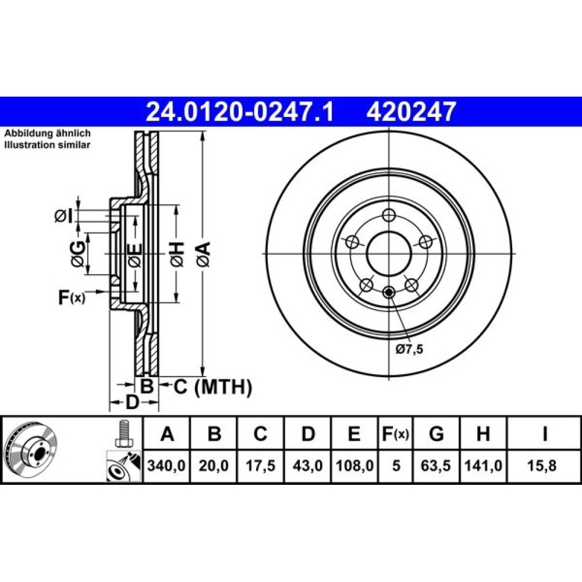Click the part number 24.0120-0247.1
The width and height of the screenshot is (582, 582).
coord(240,112)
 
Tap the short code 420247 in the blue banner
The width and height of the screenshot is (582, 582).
coord(411,112)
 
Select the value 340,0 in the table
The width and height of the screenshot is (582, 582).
coord(166,466)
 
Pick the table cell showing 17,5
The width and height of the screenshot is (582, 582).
coord(261,466)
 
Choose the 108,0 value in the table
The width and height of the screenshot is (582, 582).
coord(354,466)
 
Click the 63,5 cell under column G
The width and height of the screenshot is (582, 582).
coord(436,466)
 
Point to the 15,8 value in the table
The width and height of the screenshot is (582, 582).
coord(541,466)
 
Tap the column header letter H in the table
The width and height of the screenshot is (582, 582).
coord(483,434)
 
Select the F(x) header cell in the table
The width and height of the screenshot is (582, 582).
coord(395,434)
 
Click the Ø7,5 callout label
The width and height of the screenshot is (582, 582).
coord(409,349)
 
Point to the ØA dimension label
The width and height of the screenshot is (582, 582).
coord(203,254)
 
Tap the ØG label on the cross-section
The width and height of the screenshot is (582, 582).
coord(78,254)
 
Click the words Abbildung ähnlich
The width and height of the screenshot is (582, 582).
coord(47,133)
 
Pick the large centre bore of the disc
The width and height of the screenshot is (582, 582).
coord(389,254)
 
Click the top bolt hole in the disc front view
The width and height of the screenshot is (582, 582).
coord(389,215)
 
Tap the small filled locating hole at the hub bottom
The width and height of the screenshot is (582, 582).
coord(389,293)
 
